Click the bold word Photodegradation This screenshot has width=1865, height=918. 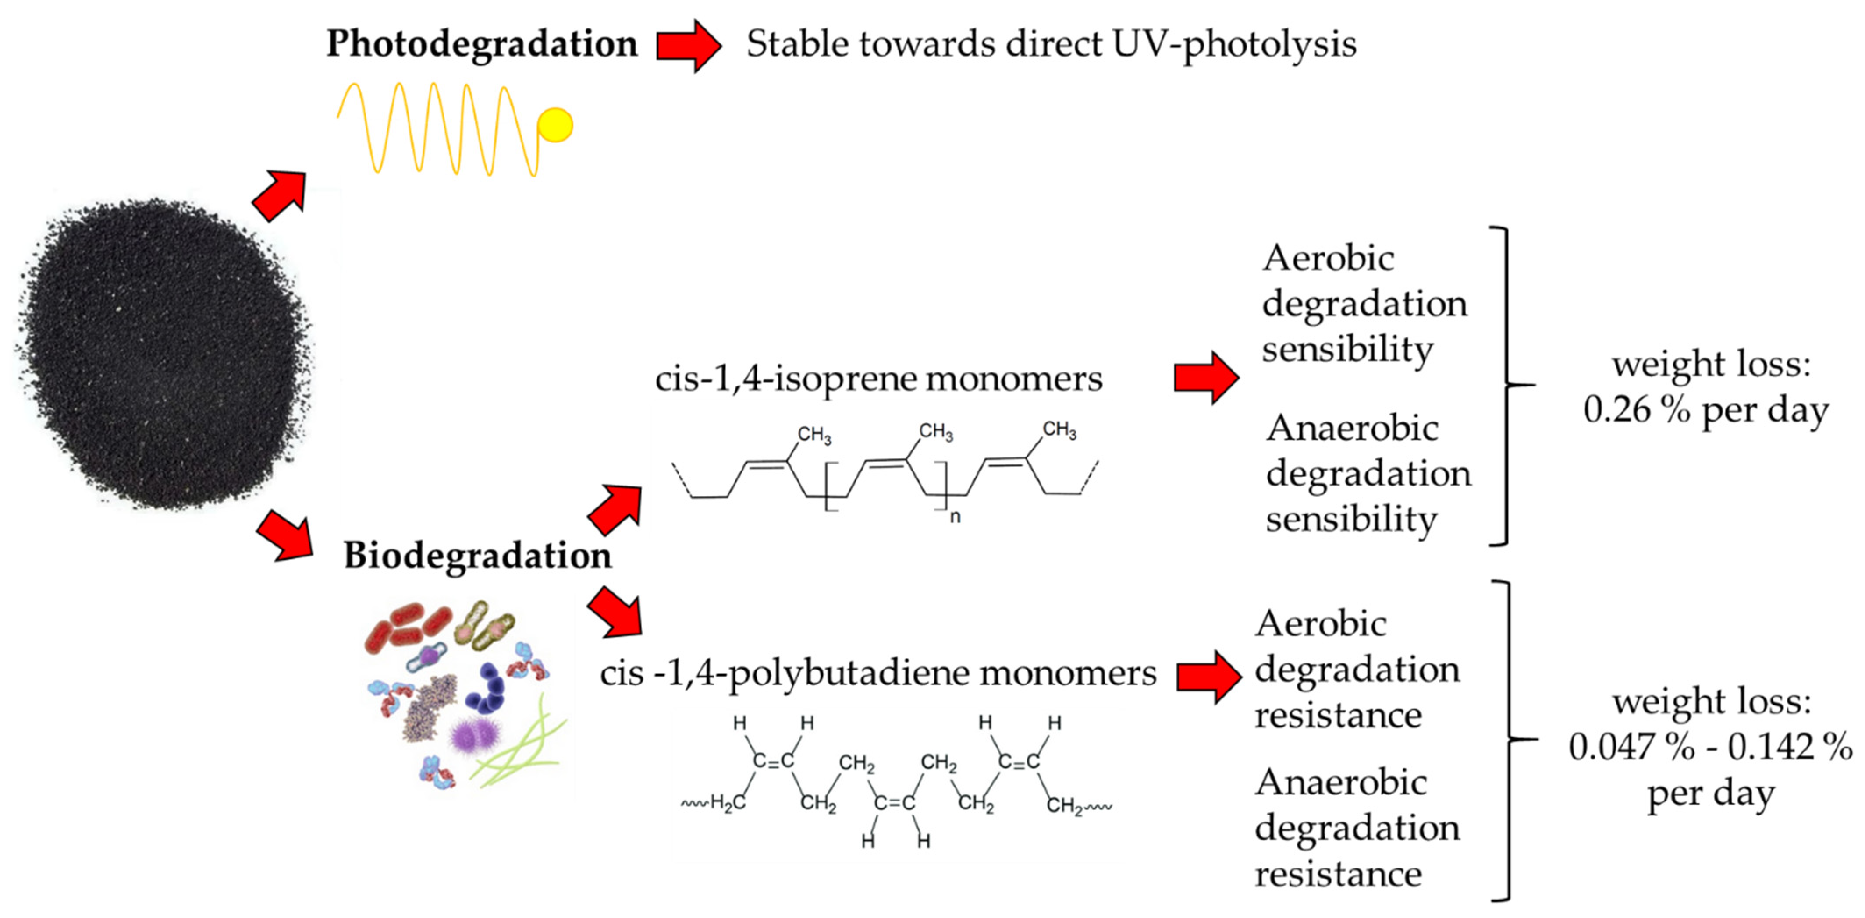481,43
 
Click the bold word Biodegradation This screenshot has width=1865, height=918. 477,556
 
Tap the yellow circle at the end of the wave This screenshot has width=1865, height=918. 555,125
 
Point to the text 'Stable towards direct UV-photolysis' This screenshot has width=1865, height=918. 1051,43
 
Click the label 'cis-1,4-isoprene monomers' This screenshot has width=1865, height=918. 878,379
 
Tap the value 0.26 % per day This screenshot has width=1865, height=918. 1706,410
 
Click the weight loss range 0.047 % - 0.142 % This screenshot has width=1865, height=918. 1710,747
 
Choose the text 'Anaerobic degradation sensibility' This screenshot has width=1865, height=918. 1368,474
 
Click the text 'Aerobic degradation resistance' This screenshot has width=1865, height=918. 1357,669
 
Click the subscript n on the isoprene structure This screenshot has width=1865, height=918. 955,517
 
